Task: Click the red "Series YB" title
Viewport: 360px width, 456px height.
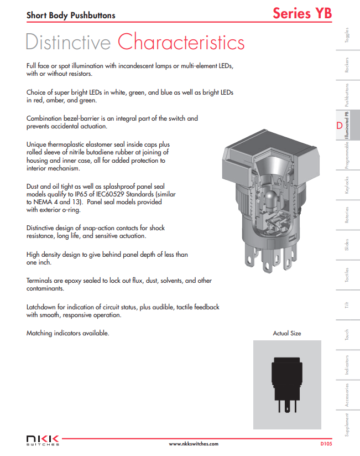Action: [x=302, y=13]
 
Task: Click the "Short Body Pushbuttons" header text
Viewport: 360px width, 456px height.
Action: [x=71, y=15]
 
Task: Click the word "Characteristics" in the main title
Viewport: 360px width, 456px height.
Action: [x=181, y=42]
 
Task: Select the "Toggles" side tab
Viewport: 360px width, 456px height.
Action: [x=347, y=35]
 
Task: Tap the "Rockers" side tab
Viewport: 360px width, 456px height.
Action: [x=347, y=65]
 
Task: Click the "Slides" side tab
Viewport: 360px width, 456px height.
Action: [x=347, y=245]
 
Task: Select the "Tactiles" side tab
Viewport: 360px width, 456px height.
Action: [x=347, y=275]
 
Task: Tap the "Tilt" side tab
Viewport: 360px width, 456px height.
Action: [x=347, y=305]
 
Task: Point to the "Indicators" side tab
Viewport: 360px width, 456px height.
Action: [x=347, y=365]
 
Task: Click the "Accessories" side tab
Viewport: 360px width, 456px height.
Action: [x=347, y=395]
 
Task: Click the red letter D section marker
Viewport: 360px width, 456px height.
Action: [x=339, y=126]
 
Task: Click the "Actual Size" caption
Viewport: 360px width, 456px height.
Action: [x=287, y=334]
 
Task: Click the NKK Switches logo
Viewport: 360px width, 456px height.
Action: [x=43, y=440]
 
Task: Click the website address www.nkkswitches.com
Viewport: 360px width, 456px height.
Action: [x=193, y=444]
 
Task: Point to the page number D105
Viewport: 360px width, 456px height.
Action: [x=326, y=444]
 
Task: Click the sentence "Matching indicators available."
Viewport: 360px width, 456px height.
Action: [x=68, y=333]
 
